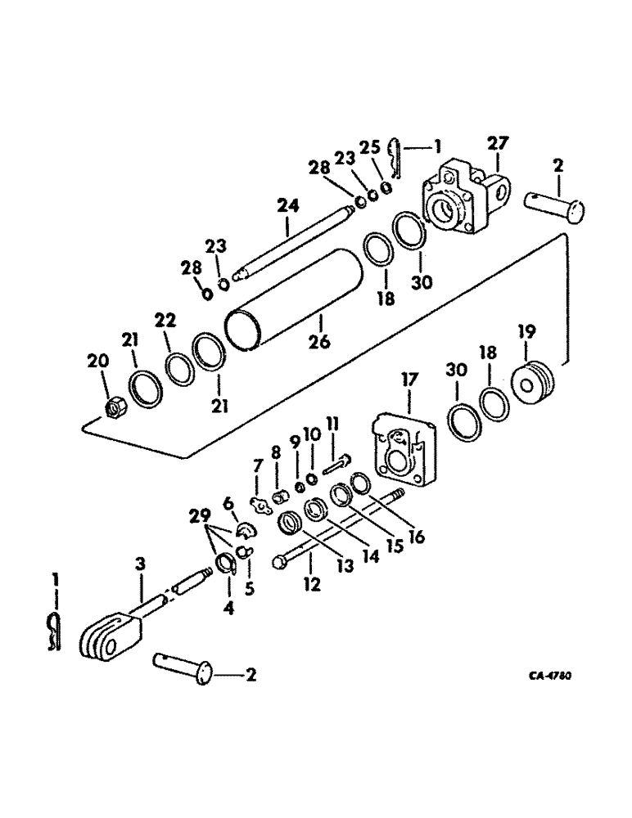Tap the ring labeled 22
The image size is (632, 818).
pos(179,368)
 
